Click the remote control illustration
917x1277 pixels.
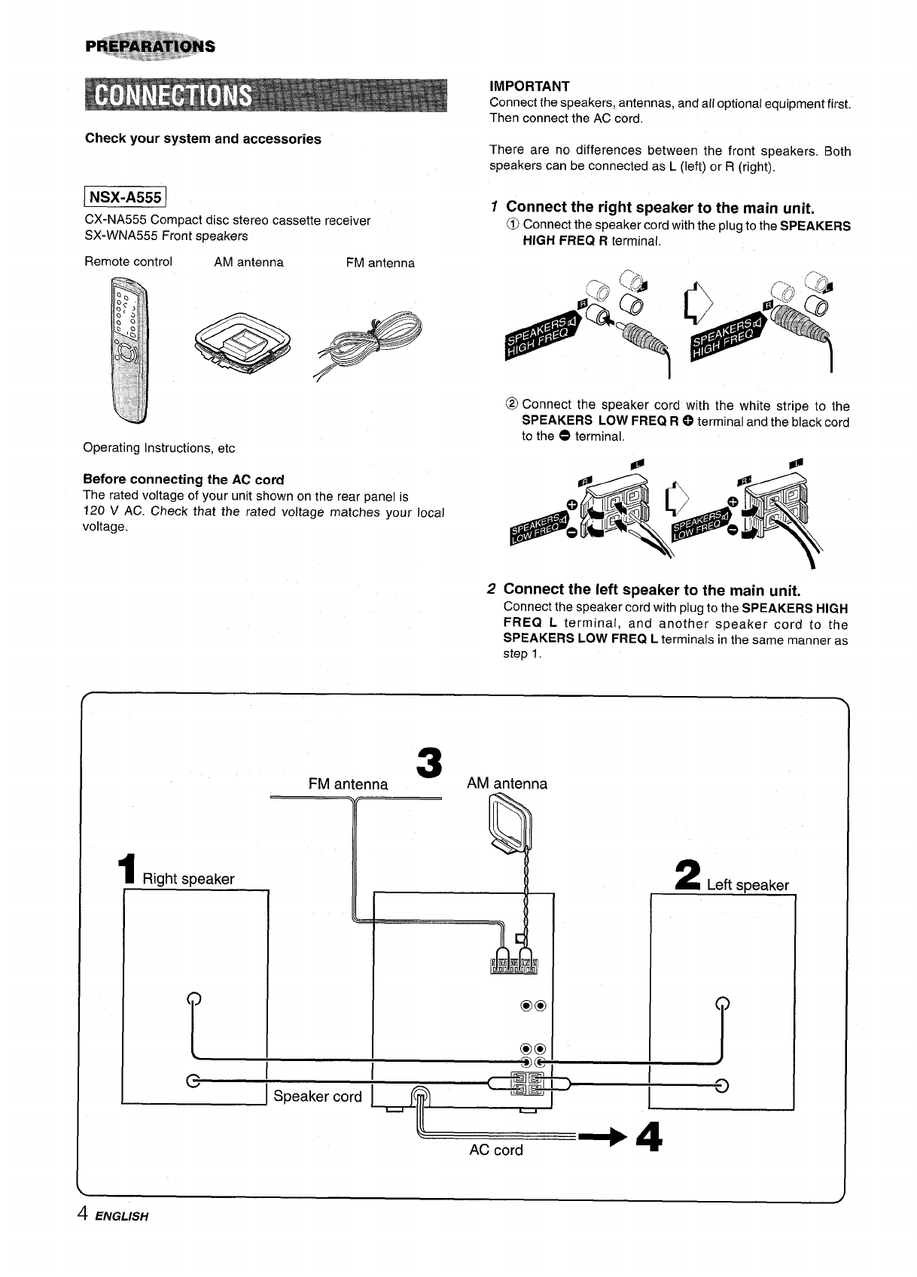[x=129, y=348]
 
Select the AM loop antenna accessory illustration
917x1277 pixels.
[x=240, y=339]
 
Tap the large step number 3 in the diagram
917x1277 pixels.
[x=428, y=763]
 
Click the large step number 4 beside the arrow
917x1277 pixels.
[x=647, y=1136]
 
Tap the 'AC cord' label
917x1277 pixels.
[x=495, y=1150]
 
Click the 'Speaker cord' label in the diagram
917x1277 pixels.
[x=318, y=1096]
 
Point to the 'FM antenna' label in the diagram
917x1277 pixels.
[x=348, y=784]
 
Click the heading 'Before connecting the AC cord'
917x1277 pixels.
[x=183, y=479]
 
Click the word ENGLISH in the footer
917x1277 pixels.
[x=122, y=1216]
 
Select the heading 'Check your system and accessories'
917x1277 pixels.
[x=203, y=139]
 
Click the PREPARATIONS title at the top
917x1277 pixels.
[x=151, y=46]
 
